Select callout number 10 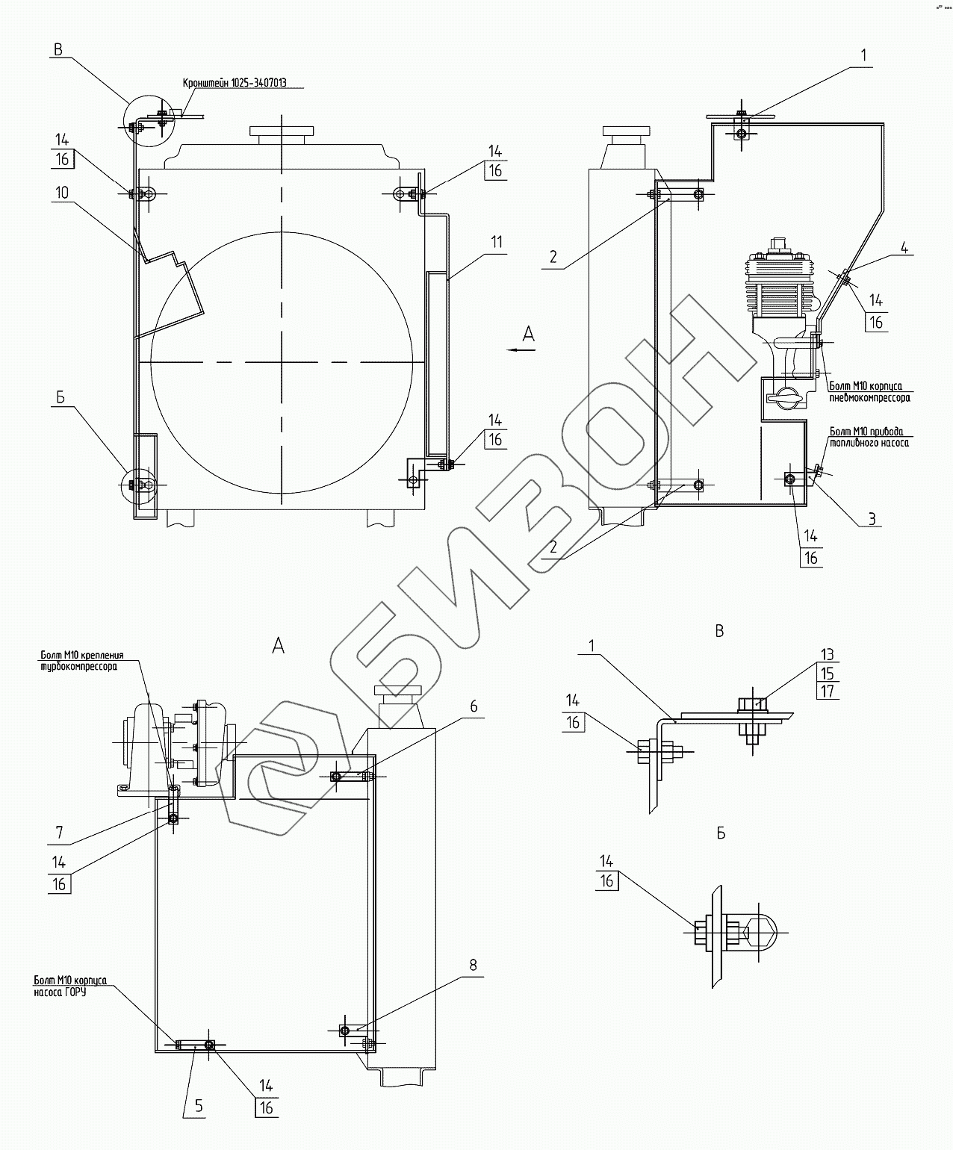(x=61, y=193)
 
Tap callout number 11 (x=497, y=242)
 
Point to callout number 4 (x=904, y=249)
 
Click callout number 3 (x=872, y=518)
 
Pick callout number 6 (x=474, y=705)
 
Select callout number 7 (x=60, y=831)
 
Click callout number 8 (x=472, y=964)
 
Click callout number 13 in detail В (x=826, y=654)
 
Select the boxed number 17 (x=826, y=691)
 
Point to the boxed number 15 (x=826, y=673)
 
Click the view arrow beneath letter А (x=519, y=349)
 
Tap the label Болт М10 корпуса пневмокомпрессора (x=869, y=392)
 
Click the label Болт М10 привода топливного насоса (x=869, y=437)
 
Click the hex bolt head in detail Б (x=702, y=932)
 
